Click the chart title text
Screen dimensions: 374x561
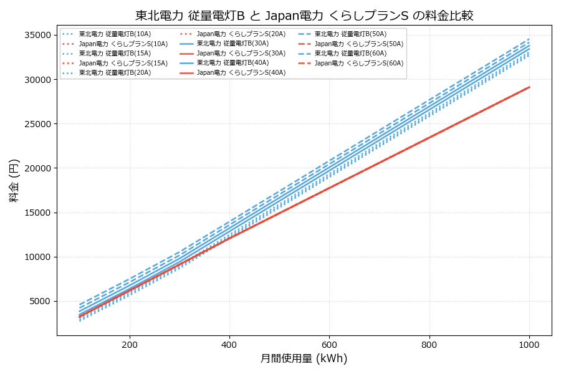tap(304, 15)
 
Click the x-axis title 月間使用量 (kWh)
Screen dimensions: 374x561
tap(304, 358)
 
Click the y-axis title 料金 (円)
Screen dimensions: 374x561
tap(14, 180)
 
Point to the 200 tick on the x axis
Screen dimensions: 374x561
tap(130, 344)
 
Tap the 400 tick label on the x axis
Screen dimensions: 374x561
tap(229, 344)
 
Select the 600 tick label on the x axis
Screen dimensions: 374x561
tap(329, 344)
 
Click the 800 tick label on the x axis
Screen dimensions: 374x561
tap(429, 344)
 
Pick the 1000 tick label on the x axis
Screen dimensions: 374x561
tap(529, 344)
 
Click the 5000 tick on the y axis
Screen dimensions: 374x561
tap(38, 302)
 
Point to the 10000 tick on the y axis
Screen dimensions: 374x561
tap(36, 257)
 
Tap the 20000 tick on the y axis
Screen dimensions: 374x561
tap(36, 168)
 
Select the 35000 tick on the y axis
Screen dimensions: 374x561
tap(36, 35)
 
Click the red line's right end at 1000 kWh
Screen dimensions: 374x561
tap(529, 87)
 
